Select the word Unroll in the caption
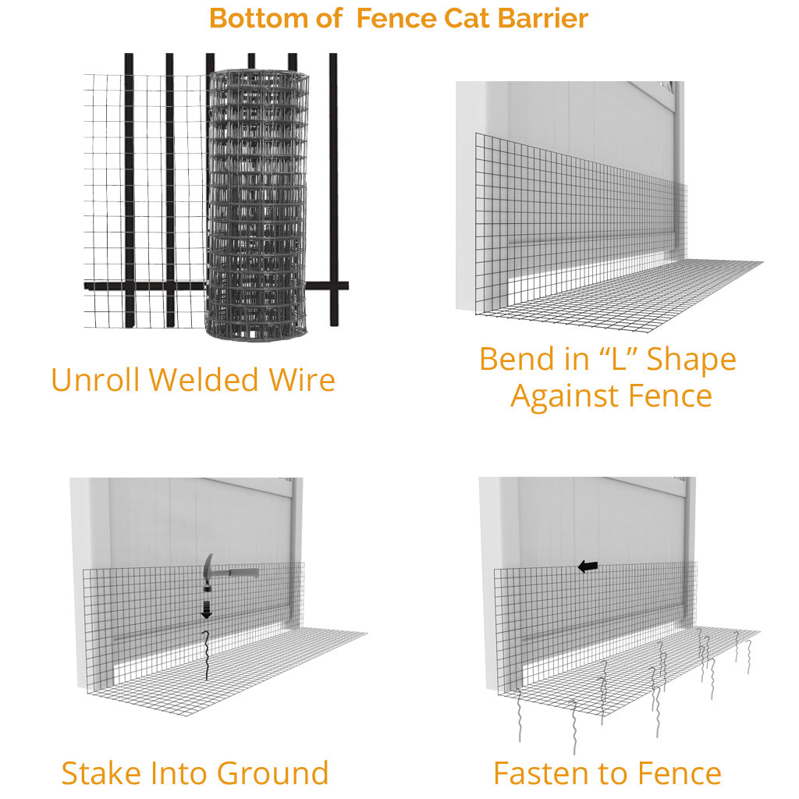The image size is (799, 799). coord(96,380)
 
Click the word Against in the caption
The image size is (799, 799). coord(559,397)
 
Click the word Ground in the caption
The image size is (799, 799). coord(272,773)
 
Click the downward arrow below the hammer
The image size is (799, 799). coord(207,610)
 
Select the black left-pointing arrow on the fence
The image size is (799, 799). coord(588,566)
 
